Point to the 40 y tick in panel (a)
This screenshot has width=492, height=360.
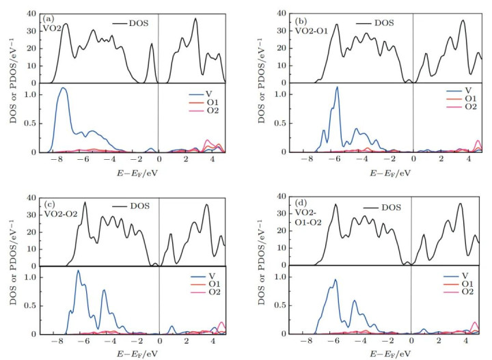(x=30, y=13)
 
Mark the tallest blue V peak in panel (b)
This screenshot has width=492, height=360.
(x=337, y=87)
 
